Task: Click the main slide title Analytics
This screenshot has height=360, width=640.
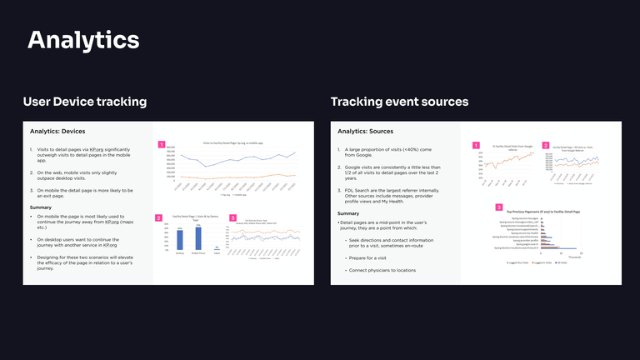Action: pyautogui.click(x=83, y=39)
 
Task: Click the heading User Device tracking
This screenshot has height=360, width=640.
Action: pyautogui.click(x=85, y=102)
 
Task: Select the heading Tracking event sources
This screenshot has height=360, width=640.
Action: pyautogui.click(x=399, y=102)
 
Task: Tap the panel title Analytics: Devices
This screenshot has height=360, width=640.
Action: pyautogui.click(x=58, y=132)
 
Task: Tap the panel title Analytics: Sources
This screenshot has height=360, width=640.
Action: pyautogui.click(x=366, y=132)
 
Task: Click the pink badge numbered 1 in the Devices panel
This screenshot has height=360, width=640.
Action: pyautogui.click(x=162, y=144)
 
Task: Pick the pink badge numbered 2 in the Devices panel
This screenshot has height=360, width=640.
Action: pyautogui.click(x=158, y=217)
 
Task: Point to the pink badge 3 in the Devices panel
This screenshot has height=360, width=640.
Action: pyautogui.click(x=232, y=217)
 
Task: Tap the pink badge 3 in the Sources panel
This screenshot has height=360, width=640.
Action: pyautogui.click(x=499, y=207)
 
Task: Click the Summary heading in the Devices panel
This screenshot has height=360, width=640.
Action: pyautogui.click(x=41, y=207)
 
